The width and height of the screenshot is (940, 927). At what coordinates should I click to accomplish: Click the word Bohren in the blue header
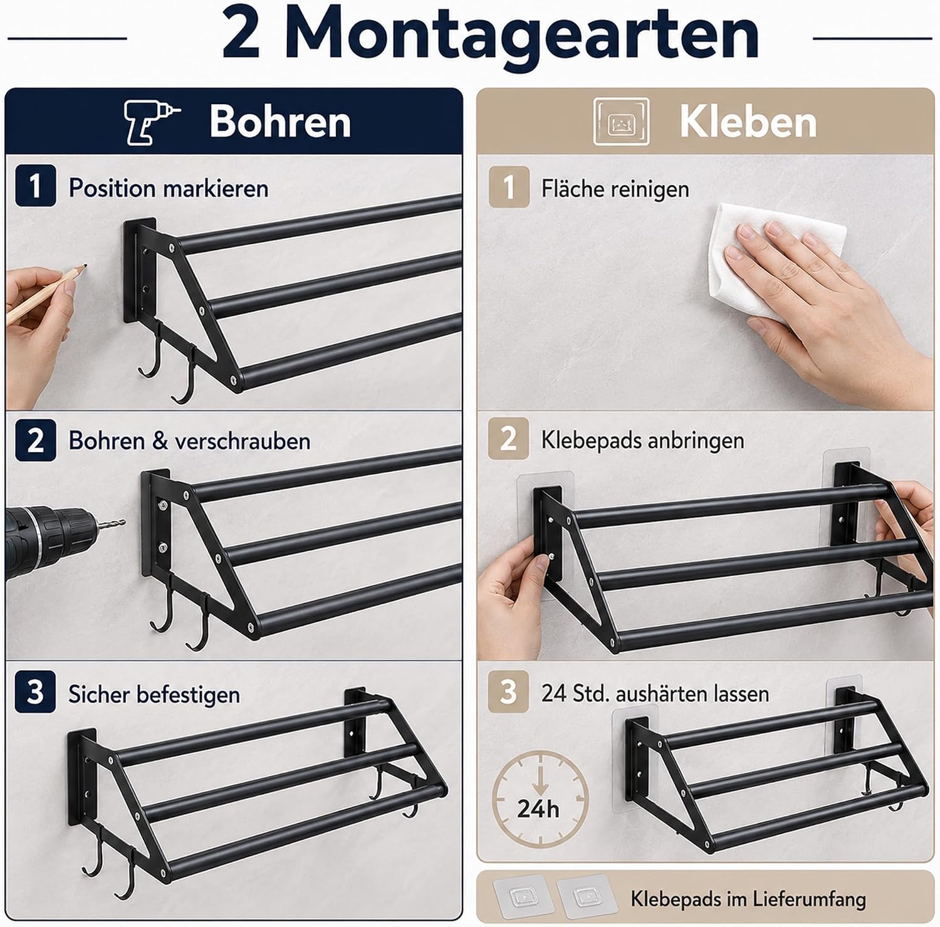tap(280, 121)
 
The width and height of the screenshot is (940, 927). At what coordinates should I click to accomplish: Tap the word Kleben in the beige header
tap(748, 121)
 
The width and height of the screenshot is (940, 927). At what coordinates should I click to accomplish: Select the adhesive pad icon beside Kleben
tap(622, 121)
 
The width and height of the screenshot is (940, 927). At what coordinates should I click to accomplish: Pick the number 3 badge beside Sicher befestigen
tap(35, 692)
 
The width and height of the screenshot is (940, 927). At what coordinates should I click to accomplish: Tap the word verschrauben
tap(243, 441)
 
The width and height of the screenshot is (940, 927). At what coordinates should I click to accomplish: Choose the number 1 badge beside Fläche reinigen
tap(509, 186)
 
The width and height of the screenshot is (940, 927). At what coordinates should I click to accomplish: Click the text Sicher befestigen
tap(154, 694)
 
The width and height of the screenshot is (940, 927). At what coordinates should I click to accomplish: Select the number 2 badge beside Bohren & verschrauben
tap(35, 439)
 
